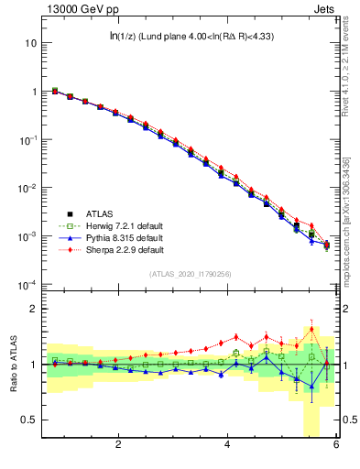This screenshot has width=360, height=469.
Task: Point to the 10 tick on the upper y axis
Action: pos(30,43)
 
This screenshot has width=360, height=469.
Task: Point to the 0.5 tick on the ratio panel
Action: pos(28,420)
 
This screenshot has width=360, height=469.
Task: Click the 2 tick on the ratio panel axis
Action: pos(33,309)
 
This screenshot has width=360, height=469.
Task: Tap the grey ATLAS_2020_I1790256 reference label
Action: pos(191,274)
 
